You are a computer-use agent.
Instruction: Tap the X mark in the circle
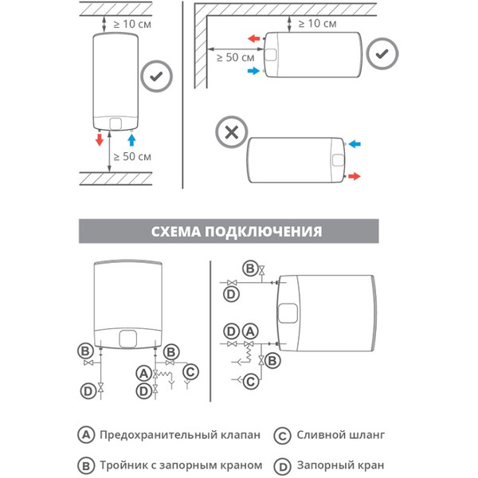click(232, 131)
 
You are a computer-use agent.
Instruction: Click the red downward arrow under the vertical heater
click(100, 140)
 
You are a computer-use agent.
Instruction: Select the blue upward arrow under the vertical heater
click(132, 140)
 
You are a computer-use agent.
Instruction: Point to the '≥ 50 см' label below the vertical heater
click(132, 156)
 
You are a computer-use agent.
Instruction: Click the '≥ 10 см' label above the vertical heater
click(132, 24)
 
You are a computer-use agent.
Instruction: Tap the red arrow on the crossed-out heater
click(354, 174)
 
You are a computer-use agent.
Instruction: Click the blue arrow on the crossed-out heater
click(354, 144)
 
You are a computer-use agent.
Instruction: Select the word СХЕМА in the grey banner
click(176, 232)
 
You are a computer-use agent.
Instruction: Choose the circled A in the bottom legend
click(85, 436)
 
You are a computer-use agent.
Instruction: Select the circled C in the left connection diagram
click(190, 370)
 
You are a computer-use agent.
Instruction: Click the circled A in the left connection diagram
click(143, 372)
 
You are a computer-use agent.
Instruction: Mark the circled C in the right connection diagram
click(251, 381)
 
